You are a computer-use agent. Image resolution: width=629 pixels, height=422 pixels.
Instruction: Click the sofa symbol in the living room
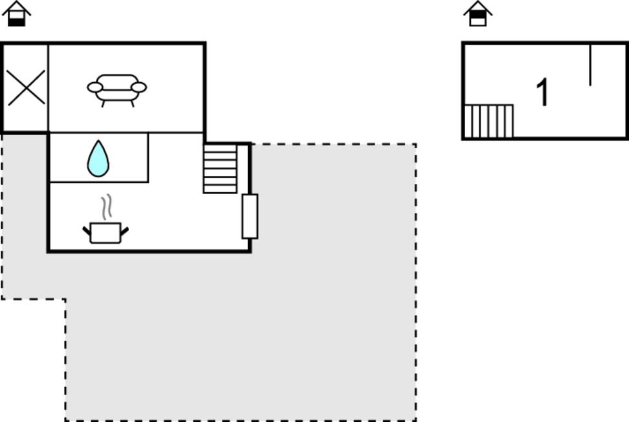(117, 90)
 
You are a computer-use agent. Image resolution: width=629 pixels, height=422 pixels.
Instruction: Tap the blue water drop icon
(98, 159)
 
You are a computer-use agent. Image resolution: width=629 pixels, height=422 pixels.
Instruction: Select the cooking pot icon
(106, 233)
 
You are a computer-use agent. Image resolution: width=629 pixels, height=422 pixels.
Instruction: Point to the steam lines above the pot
(106, 207)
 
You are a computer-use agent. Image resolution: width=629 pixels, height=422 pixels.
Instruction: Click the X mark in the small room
(27, 88)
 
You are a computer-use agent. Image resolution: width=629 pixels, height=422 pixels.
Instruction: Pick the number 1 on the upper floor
(542, 92)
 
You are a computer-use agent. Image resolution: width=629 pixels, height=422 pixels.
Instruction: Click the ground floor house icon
(16, 14)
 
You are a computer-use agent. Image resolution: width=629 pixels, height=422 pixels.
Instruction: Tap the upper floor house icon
(478, 14)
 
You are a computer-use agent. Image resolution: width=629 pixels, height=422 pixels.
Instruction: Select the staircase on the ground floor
(220, 169)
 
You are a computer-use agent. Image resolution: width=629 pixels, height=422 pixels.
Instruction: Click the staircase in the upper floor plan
(488, 122)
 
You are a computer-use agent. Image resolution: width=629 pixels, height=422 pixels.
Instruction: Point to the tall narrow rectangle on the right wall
(249, 216)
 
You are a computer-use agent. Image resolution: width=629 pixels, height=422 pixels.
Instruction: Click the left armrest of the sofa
(95, 87)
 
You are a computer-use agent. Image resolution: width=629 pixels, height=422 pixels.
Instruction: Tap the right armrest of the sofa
(139, 87)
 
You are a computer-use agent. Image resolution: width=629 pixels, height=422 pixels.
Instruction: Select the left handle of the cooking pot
(87, 231)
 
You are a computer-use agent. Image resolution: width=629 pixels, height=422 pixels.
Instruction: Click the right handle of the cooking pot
(124, 231)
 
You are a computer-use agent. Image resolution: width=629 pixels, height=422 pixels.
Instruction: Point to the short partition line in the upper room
(590, 65)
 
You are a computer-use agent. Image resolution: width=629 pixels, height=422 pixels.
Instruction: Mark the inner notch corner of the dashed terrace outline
(65, 299)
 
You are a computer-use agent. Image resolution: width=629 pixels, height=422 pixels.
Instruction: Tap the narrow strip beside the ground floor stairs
(242, 169)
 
